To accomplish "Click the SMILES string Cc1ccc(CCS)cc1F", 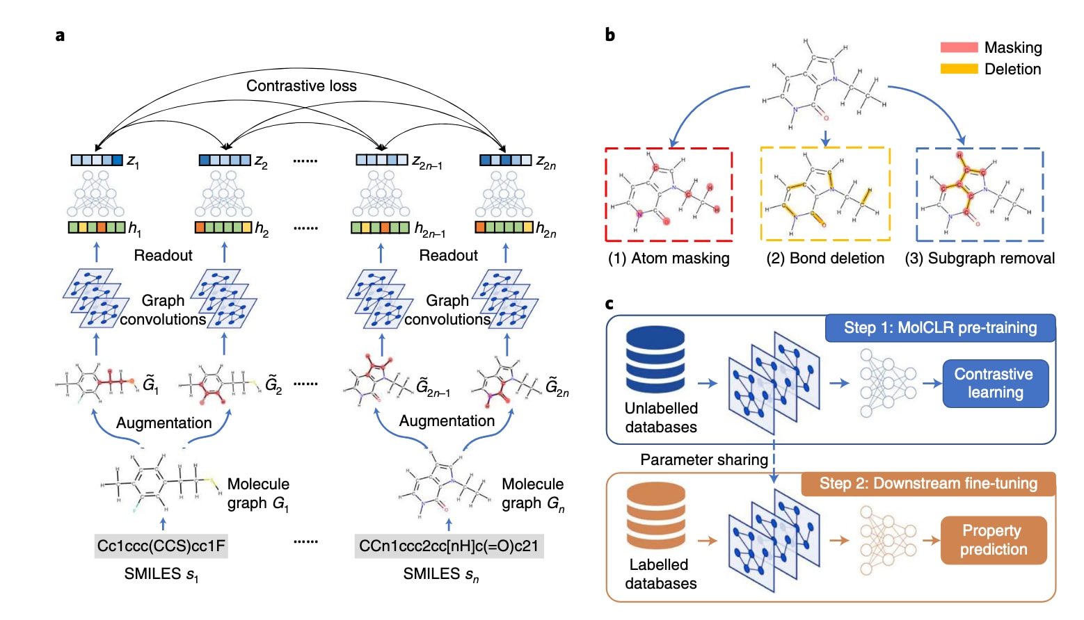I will pos(161,546).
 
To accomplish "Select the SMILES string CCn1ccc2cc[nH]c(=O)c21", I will pos(449,546).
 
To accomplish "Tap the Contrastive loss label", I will pos(301,85).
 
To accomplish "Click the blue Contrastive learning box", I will pos(995,383).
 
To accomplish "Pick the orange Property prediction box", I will pos(994,540).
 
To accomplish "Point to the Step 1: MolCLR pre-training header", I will pos(940,328).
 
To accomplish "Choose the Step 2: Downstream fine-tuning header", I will pos(928,484).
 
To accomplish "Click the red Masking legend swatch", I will pos(959,47).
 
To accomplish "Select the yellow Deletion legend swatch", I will pos(959,69).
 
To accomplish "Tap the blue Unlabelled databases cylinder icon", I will pos(655,361).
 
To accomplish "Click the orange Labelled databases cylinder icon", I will pos(655,516).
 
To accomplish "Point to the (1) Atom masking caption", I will pos(669,259).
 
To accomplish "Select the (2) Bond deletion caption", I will pos(825,259).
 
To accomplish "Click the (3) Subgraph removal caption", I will pos(980,259).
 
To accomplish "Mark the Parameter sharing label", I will pos(704,459).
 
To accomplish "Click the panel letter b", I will pos(609,35).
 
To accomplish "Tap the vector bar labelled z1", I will pos(97,161).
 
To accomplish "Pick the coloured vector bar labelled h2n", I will pos(504,227).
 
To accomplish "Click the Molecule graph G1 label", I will pos(258,493).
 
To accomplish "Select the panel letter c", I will pos(609,304).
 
